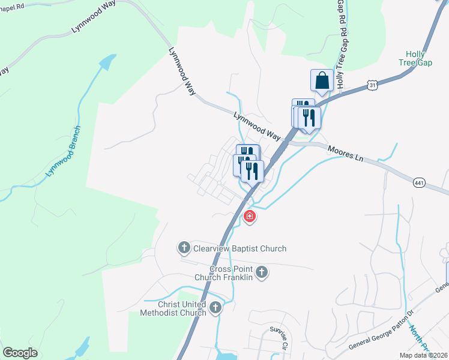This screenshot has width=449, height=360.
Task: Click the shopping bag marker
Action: tap(322, 80)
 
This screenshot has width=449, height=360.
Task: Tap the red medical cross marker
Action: tap(250, 216)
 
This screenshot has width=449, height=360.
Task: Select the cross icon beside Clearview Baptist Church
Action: tap(184, 247)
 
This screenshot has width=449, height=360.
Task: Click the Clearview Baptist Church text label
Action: tap(240, 248)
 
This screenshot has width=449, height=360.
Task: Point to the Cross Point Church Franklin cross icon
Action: tap(261, 273)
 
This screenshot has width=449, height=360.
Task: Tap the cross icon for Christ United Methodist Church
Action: tap(215, 308)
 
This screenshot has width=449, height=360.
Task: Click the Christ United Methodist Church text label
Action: tap(173, 308)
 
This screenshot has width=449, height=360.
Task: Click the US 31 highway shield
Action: tap(373, 86)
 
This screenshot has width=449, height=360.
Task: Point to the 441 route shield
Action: tap(419, 181)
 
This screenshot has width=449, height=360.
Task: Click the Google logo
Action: tap(20, 353)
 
